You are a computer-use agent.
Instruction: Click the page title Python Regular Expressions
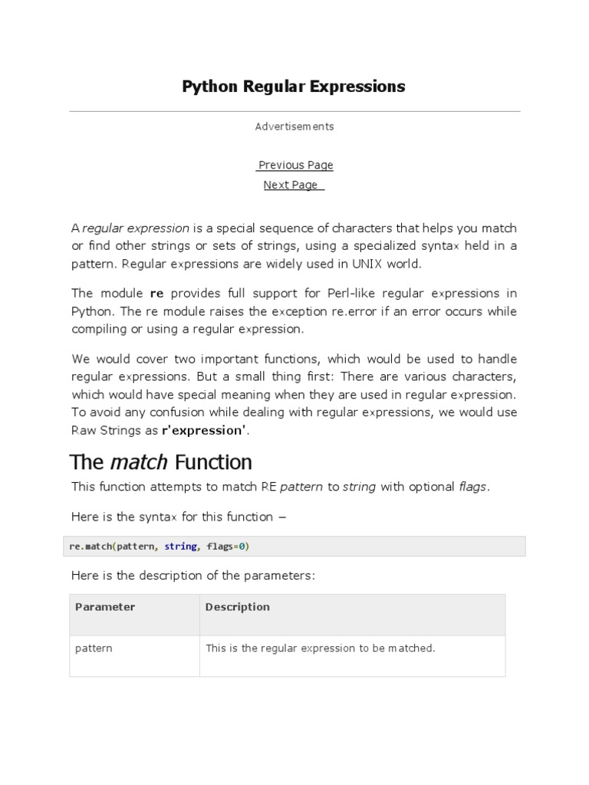294,87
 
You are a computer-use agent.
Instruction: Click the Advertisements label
294,126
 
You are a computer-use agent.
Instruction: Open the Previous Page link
295,165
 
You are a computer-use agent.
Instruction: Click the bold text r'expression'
205,430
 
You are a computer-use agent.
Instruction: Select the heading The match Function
161,462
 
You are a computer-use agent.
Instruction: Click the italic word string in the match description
359,488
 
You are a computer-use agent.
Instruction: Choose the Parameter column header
105,607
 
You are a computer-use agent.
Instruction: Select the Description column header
238,607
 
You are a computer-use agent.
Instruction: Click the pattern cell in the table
94,649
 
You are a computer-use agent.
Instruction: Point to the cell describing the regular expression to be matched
321,649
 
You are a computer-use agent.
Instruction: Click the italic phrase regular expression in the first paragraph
136,228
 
